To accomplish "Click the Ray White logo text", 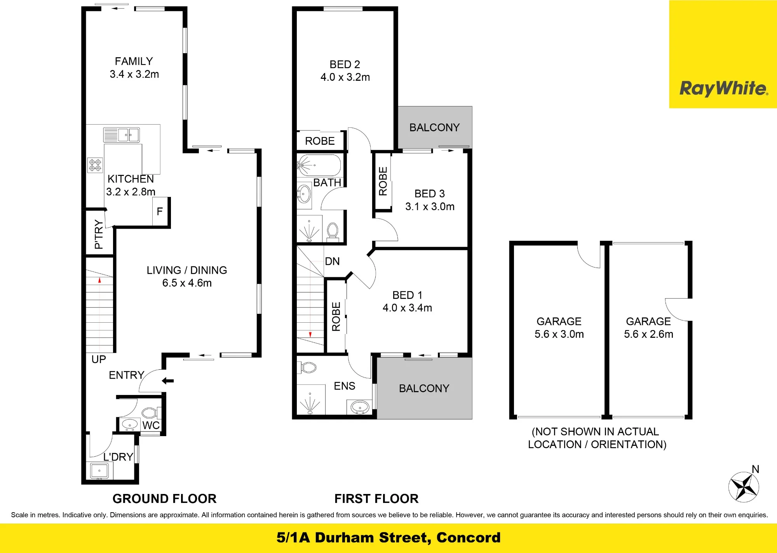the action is (x=724, y=89).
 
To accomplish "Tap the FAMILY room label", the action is (x=134, y=61).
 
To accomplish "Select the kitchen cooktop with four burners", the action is (x=95, y=165).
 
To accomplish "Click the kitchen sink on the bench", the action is (x=121, y=135).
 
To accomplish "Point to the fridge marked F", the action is (x=160, y=211).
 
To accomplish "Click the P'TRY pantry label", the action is (x=99, y=234).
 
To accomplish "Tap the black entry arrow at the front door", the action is (x=167, y=381).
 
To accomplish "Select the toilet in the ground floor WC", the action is (x=150, y=412).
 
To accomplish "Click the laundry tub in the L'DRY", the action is (x=99, y=471).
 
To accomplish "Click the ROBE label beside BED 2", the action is (x=320, y=141).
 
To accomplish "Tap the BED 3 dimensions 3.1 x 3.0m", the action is (x=430, y=207).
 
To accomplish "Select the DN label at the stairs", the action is (x=332, y=261).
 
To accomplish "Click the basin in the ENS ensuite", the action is (x=360, y=407).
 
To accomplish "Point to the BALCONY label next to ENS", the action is (x=424, y=388).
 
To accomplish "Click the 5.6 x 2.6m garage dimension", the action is (x=648, y=334).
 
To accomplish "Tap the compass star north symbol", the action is (x=744, y=487).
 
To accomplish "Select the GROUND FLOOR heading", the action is (x=164, y=499).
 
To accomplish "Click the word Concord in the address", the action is (x=468, y=537).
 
